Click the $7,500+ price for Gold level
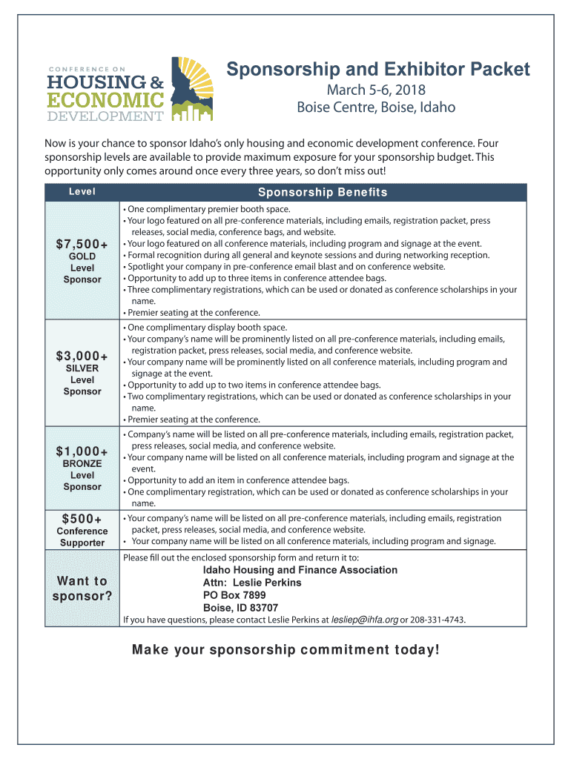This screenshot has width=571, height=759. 82,245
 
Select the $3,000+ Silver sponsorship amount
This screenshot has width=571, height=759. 82,357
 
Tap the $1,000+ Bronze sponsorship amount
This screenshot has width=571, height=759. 82,451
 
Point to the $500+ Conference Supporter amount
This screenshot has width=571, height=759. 82,518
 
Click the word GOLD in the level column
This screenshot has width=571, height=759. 82,256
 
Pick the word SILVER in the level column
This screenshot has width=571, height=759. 82,368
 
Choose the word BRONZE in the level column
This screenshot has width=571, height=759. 82,463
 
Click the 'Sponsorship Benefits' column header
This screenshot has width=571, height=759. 323,193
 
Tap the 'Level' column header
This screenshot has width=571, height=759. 82,192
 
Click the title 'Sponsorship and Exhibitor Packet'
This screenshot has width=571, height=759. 378,70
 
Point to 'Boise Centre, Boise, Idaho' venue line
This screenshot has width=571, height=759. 376,107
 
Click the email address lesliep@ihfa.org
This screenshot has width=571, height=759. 364,619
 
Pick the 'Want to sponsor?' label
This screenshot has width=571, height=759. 82,589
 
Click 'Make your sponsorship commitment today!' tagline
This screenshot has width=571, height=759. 285,650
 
